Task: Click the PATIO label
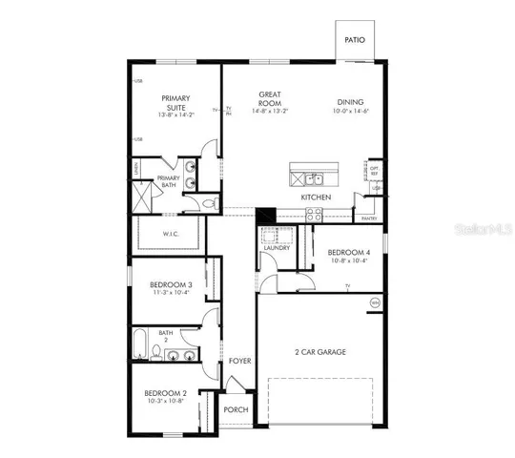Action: point(355,41)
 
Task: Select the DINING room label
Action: point(350,102)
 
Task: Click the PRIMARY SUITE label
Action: point(175,102)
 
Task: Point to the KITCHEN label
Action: point(316,197)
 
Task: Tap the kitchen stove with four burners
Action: point(315,216)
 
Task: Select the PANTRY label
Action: point(368,219)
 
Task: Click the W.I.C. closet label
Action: point(172,234)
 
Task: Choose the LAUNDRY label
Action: point(277,247)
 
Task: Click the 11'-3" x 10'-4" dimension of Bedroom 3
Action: point(171,293)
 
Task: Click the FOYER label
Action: point(238,361)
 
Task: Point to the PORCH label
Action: point(236,409)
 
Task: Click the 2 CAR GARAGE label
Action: point(319,352)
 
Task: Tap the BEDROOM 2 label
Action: point(164,393)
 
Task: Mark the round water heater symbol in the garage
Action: point(375,302)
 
